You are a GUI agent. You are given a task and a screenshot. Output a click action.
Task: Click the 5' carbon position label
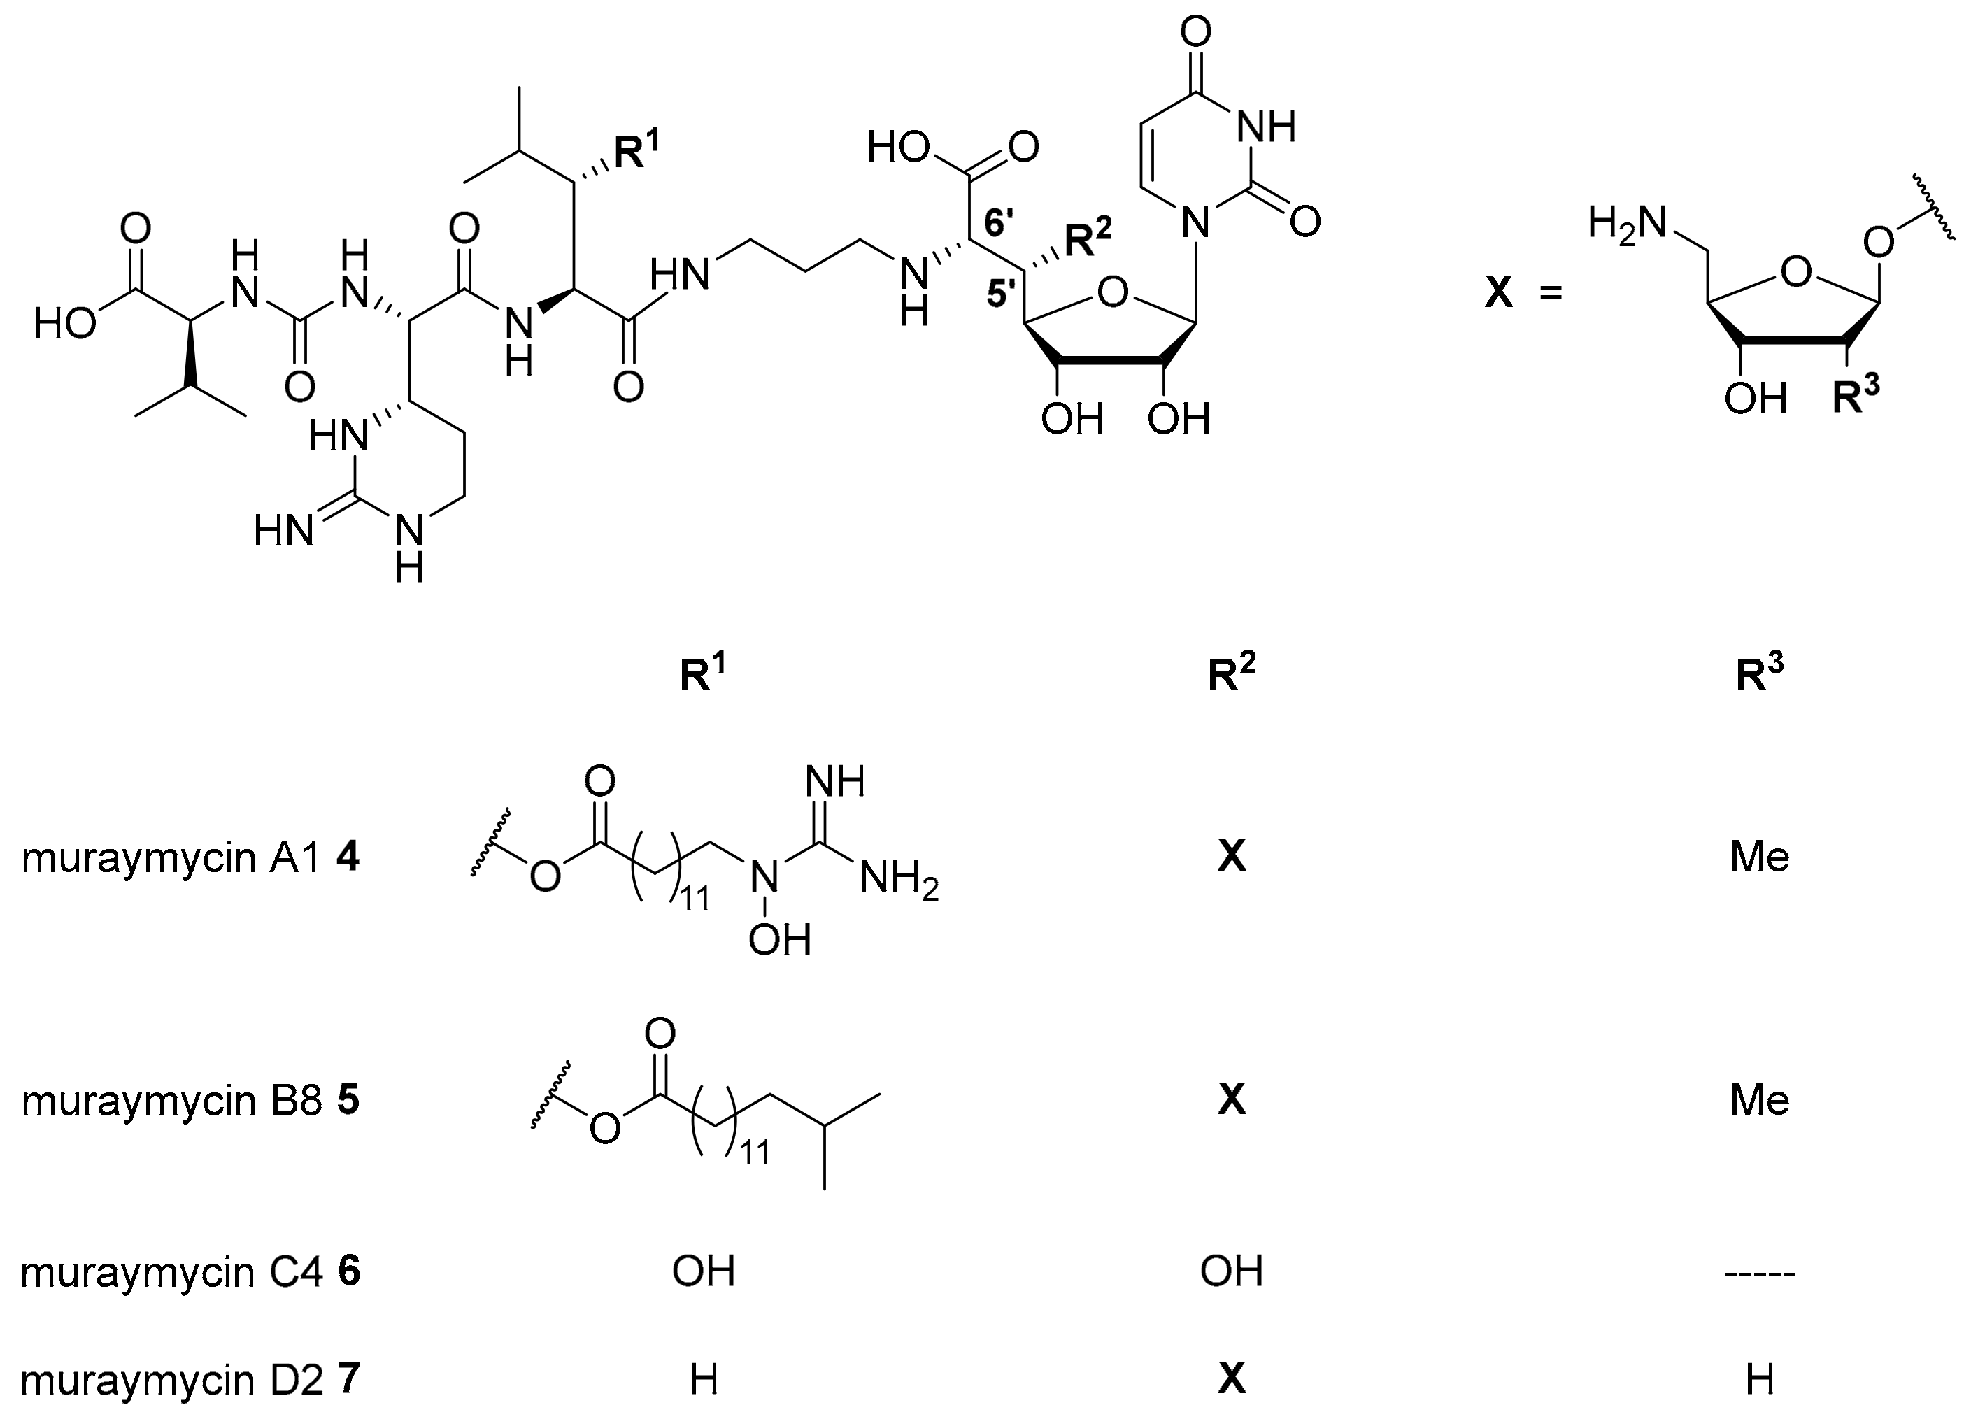click(1004, 294)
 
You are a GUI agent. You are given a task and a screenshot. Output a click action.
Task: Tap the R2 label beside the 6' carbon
click(1087, 236)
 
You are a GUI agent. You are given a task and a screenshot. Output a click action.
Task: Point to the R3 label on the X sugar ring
click(1856, 397)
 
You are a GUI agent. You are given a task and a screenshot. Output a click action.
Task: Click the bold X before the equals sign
click(1499, 294)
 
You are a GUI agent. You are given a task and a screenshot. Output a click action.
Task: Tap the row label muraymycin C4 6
click(190, 1271)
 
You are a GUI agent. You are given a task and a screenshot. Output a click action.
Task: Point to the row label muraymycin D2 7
click(190, 1379)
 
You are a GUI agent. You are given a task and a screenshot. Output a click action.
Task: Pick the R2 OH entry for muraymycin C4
click(1232, 1271)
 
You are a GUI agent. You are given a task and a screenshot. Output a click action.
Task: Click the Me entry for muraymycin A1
click(1760, 858)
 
